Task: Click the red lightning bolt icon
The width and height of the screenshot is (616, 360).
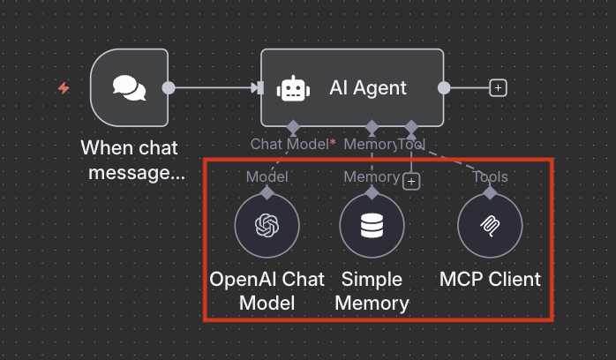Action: [63, 88]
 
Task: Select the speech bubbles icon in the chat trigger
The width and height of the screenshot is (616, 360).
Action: [129, 87]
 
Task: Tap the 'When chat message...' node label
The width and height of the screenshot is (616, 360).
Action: [133, 160]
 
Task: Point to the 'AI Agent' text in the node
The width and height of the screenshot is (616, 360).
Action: [368, 87]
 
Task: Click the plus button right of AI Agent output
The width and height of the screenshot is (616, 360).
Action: [499, 88]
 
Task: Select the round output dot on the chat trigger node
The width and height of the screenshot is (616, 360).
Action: [169, 87]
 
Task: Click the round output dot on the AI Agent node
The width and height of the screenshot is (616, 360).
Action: [444, 87]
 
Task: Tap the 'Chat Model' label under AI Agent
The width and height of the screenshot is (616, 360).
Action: [289, 143]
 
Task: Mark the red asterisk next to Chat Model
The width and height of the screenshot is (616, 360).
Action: [333, 141]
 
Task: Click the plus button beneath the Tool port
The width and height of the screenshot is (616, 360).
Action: [410, 182]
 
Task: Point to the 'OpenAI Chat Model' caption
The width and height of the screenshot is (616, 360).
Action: [267, 291]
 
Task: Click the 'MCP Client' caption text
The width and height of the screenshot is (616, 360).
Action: [490, 280]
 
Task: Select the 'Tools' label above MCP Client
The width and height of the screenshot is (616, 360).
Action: [490, 176]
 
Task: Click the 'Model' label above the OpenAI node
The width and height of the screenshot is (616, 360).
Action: [267, 176]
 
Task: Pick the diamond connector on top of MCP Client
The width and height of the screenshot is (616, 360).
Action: [490, 191]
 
